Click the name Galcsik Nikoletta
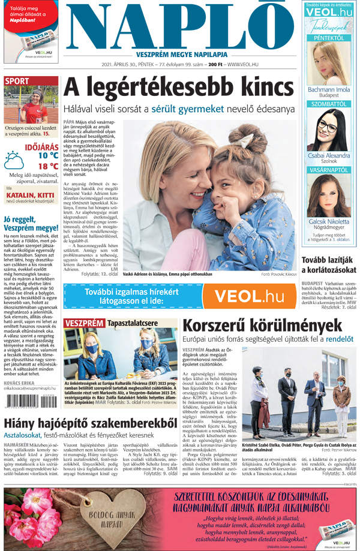click(x=328, y=221)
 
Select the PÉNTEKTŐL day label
click(x=328, y=37)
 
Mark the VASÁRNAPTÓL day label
click(x=328, y=170)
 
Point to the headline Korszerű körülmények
click(x=258, y=326)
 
